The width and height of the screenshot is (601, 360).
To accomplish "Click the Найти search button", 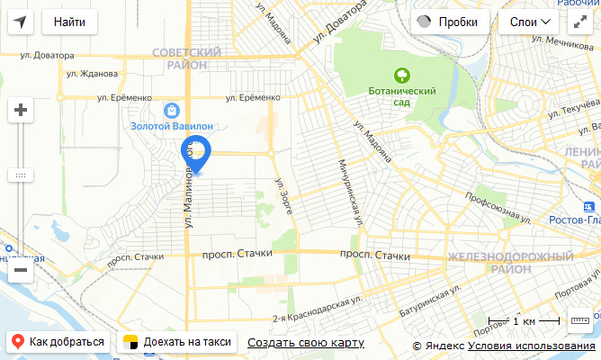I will pyautogui.click(x=69, y=22).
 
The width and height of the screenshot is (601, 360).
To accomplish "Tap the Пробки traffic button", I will pyautogui.click(x=450, y=22).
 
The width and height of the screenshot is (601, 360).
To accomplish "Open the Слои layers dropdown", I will pyautogui.click(x=530, y=22).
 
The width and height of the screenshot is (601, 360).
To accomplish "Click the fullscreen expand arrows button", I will pyautogui.click(x=579, y=22).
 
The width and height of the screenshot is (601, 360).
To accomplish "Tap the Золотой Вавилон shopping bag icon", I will pyautogui.click(x=172, y=110).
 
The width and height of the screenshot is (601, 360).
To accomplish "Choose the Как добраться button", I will pyautogui.click(x=58, y=342).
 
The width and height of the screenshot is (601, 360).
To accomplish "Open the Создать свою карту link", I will pyautogui.click(x=306, y=342).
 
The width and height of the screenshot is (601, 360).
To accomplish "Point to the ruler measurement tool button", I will pyautogui.click(x=579, y=319).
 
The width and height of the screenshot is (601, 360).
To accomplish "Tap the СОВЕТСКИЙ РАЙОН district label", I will pyautogui.click(x=187, y=58).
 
